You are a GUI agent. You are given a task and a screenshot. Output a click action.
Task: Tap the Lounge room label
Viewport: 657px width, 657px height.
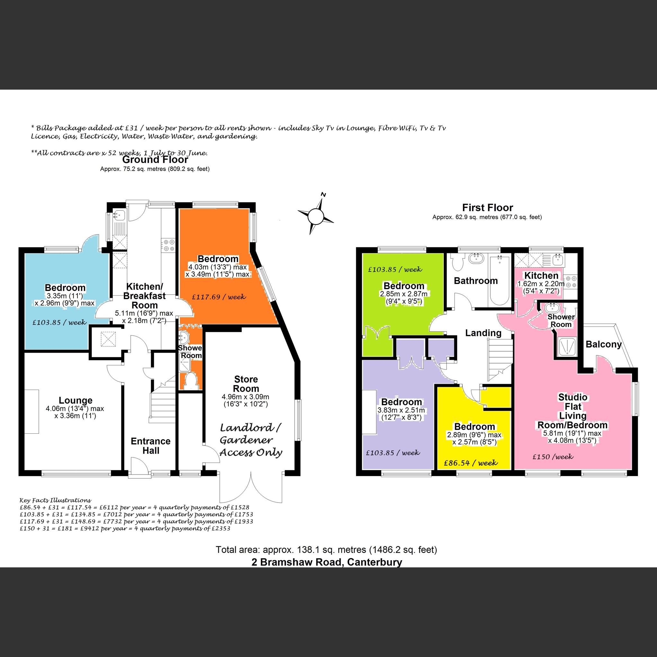(x=75, y=400)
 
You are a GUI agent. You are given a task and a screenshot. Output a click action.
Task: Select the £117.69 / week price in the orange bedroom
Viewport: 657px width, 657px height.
(x=219, y=297)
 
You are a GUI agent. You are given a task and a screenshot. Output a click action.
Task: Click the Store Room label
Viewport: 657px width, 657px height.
(x=246, y=384)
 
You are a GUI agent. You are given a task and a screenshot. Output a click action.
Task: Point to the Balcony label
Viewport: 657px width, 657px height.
(x=603, y=344)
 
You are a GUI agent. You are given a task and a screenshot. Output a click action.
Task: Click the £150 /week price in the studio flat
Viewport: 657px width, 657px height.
(x=553, y=457)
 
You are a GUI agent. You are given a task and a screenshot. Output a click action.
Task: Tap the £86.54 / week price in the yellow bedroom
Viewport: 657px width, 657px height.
(x=471, y=463)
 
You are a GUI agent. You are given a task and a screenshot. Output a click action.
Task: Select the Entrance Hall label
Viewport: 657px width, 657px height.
(x=151, y=446)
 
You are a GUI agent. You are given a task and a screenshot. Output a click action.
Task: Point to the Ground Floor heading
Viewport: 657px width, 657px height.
(x=155, y=159)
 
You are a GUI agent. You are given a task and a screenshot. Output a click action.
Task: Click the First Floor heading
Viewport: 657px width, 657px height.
(x=487, y=208)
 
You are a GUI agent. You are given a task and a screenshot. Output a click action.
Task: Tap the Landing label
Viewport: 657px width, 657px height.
(x=483, y=333)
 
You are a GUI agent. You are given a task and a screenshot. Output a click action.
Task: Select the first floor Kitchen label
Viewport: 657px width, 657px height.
(x=541, y=275)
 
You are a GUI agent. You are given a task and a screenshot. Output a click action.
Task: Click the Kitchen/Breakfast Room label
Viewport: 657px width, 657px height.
(x=145, y=296)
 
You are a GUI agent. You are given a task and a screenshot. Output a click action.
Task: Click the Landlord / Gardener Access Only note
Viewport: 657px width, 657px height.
(x=251, y=440)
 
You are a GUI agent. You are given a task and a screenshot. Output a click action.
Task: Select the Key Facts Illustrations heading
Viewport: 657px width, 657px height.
(x=56, y=500)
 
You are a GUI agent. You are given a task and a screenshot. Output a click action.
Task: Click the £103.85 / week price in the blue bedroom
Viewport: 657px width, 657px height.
(x=59, y=322)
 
